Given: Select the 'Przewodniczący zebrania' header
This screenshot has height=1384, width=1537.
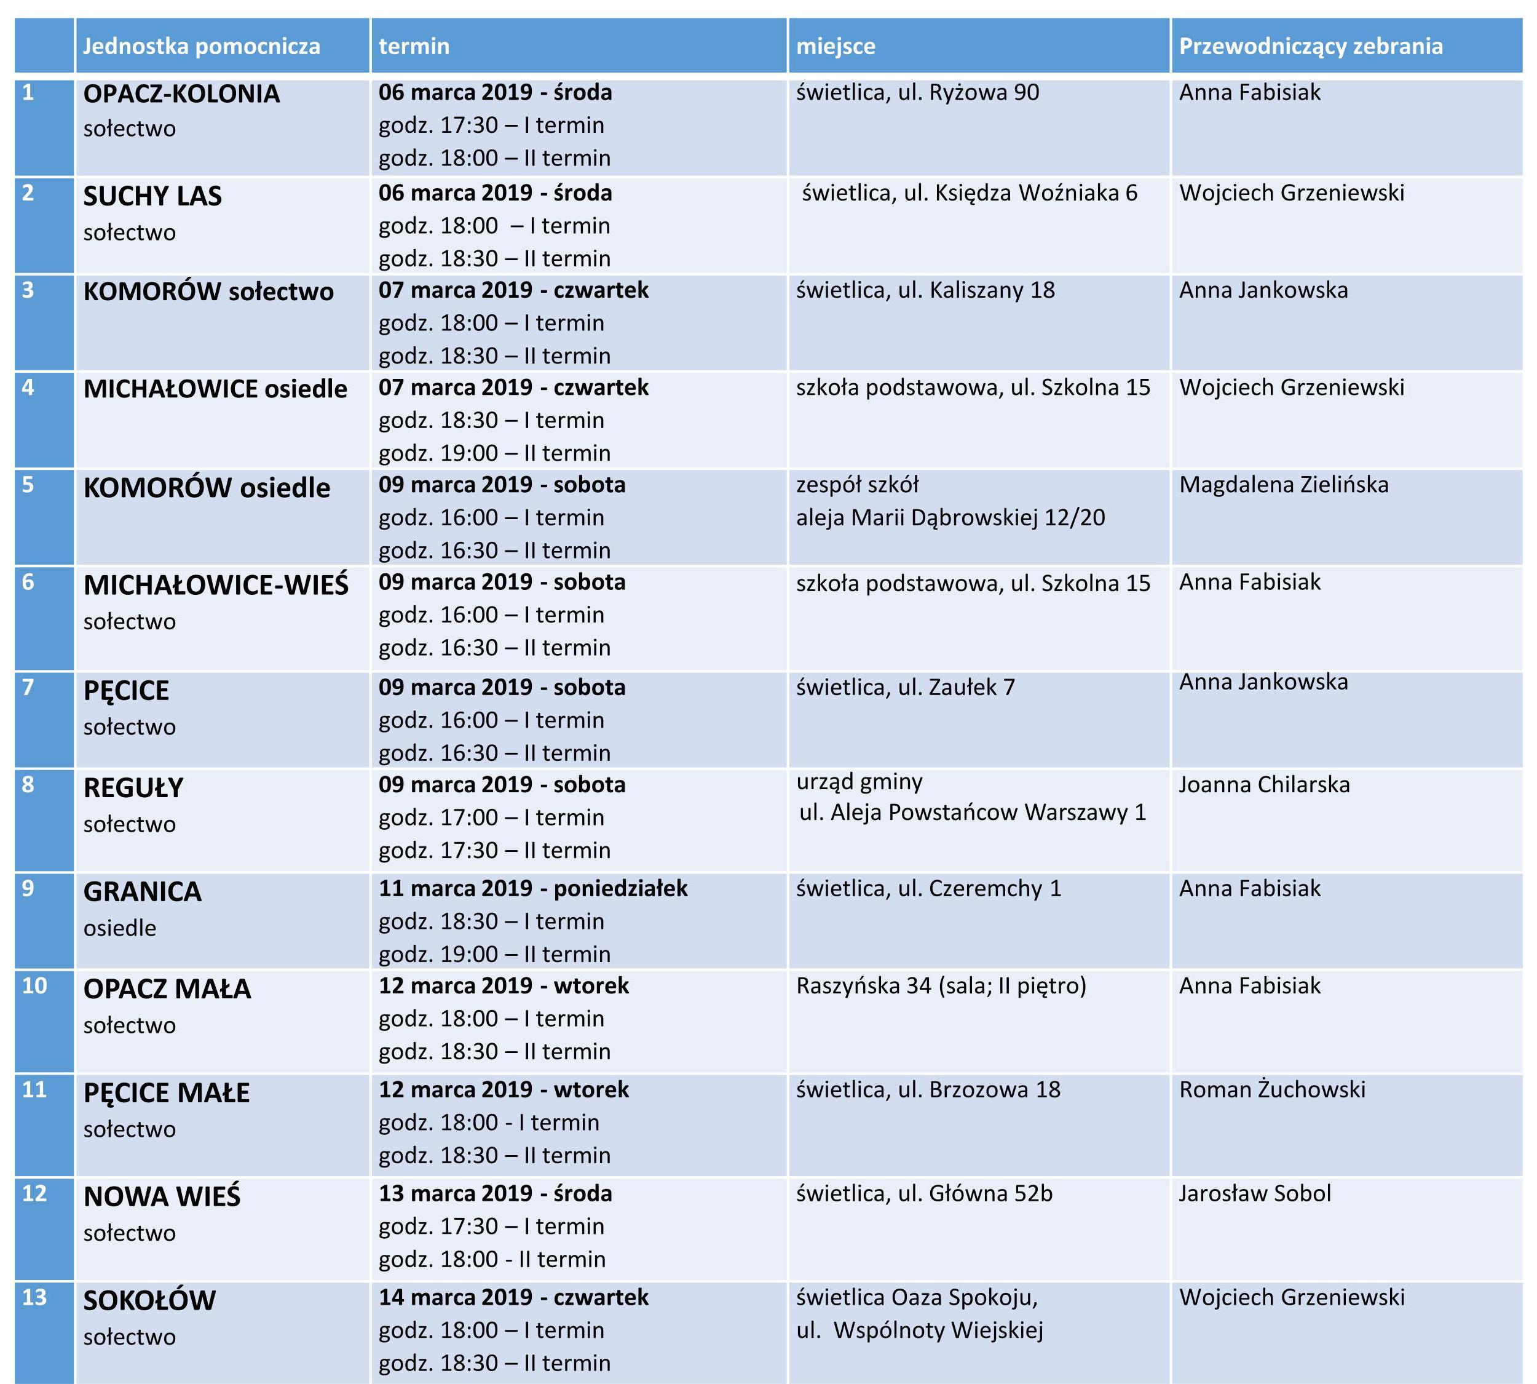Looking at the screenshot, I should pos(1311,46).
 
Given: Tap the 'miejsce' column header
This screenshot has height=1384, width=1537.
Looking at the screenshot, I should pos(836,46).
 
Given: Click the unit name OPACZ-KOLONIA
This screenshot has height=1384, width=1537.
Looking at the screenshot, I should pos(181,94).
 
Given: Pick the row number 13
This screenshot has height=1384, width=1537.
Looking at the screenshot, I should pos(34,1297).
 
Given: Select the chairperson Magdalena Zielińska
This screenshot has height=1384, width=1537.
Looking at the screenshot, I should pos(1283,485).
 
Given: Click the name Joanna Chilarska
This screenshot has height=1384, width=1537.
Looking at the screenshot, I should pos(1264,784).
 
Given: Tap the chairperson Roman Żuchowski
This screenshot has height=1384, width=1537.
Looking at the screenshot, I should pos(1271,1089).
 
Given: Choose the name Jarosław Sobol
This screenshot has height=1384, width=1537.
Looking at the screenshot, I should pos(1254,1193).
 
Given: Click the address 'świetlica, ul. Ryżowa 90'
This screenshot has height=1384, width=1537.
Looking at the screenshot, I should pos(917,93).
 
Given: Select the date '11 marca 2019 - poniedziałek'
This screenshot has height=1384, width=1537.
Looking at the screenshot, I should pos(533,888).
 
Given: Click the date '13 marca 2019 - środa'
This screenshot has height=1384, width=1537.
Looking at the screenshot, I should pos(495,1193).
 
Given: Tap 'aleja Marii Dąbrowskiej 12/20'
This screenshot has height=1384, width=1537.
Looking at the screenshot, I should pos(950,518).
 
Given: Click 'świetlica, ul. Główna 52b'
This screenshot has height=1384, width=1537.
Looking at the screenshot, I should pos(923,1193).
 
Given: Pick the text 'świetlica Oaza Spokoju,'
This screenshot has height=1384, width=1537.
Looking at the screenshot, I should pos(917,1297).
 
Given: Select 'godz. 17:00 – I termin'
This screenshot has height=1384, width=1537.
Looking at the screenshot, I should pos(491,817).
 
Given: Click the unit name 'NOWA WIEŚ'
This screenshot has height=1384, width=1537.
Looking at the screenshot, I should pos(162,1197).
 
